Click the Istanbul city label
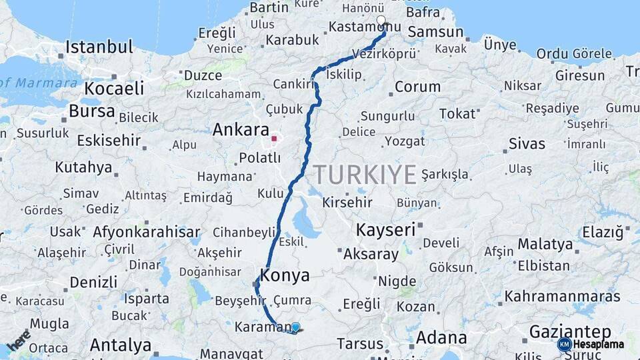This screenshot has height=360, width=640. pos(99,47)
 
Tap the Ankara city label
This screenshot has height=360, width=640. pos(241,130)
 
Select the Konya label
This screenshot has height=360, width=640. pos(285,275)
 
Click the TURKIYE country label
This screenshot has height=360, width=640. pos(365,175)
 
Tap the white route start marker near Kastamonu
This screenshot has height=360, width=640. pos(381,21)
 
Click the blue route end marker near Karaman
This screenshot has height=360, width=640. pos(295,327)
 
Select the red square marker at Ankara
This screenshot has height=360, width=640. pos(274,139)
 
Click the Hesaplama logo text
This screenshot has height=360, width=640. pos(599,345)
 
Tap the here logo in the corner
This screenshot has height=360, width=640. pos(19,340)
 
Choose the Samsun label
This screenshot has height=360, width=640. pos(435,32)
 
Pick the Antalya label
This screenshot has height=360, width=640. pos(121,345)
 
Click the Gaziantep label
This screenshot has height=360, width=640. pos(570,331)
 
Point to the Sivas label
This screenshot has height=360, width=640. pos(527,143)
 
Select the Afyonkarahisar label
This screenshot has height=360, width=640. pos(147,233)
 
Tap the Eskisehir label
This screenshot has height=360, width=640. pos(109,141)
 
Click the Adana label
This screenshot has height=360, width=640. pos(441,337)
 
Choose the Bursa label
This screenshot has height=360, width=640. pos(92,111)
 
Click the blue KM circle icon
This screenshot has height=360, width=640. pos(564,345)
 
